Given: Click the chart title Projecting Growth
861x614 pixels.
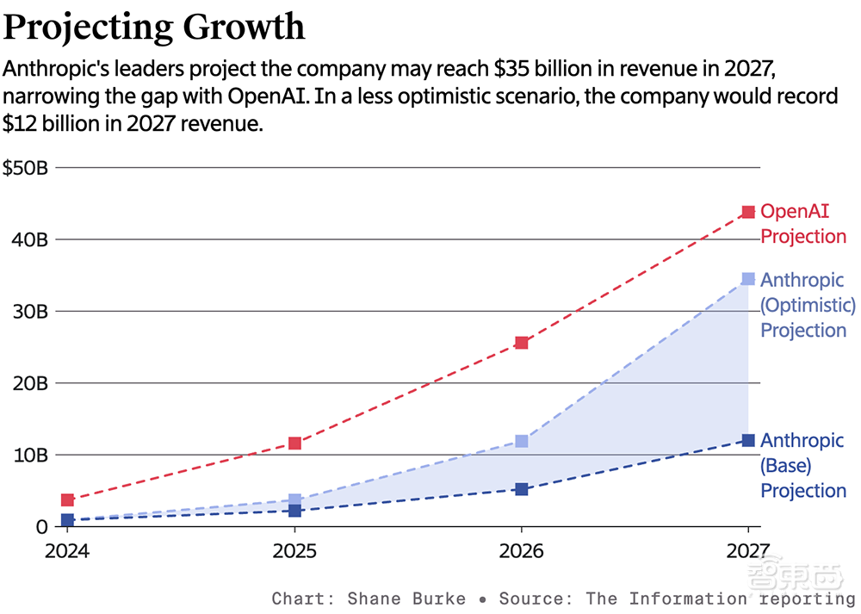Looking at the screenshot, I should [x=154, y=27].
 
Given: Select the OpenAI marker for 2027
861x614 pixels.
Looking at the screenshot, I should [x=748, y=212].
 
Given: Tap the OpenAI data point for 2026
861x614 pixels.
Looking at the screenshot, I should [x=521, y=343].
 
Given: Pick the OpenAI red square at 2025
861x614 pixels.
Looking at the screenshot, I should [x=294, y=443].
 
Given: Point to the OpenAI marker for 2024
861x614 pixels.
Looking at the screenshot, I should [x=67, y=500].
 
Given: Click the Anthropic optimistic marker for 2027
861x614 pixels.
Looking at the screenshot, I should [x=748, y=279].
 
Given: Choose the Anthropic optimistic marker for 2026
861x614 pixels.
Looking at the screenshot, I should [x=521, y=442].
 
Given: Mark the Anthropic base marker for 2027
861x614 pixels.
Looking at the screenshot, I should [x=748, y=441].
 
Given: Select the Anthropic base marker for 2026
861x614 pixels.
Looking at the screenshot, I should [x=521, y=489].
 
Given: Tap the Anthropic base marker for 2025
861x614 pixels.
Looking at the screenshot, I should [x=294, y=511].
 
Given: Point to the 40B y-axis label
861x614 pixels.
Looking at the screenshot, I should [x=29, y=239].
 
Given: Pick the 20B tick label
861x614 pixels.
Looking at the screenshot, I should [x=29, y=383].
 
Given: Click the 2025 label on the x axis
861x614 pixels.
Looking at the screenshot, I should [x=294, y=550].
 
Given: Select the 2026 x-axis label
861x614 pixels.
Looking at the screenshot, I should [x=521, y=550].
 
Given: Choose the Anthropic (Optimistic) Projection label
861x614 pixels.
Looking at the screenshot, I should [x=807, y=306].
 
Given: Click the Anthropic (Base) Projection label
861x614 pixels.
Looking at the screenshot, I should [x=803, y=466].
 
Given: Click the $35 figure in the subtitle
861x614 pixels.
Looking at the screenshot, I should [x=511, y=68].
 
